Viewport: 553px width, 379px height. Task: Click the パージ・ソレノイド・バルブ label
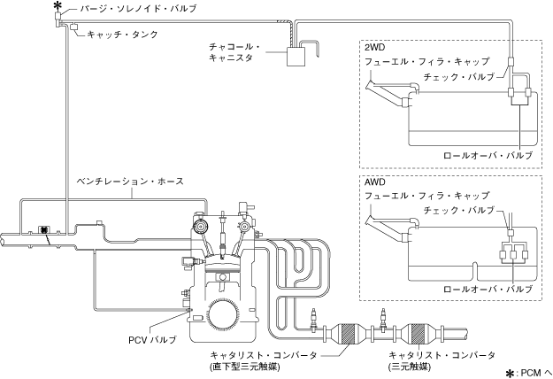138,9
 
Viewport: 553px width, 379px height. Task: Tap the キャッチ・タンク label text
122,35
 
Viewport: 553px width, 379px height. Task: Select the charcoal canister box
296,57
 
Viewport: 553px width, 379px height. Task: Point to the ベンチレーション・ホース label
130,182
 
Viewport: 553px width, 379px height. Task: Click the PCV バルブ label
152,340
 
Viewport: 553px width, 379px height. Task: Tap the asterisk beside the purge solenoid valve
56,5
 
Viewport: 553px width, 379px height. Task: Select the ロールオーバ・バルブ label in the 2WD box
488,155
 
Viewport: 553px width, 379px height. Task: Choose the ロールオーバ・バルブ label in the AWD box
488,290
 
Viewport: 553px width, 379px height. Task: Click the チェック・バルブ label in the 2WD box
459,76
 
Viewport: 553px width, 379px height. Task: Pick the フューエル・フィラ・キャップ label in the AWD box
426,195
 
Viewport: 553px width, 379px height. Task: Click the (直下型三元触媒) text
244,367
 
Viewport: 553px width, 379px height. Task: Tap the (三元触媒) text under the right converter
409,367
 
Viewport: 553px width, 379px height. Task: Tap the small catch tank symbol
74,27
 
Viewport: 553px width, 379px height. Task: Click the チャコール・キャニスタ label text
234,52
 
